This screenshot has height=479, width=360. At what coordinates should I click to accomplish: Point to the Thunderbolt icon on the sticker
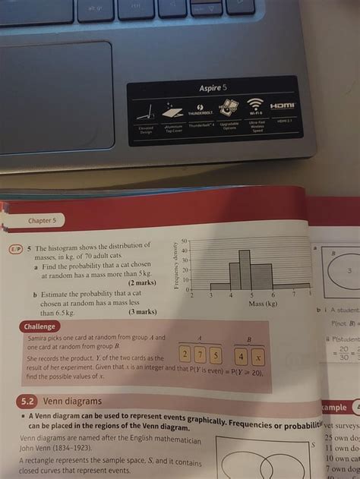(202, 106)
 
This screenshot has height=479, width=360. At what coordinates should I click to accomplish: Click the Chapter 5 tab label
(42, 221)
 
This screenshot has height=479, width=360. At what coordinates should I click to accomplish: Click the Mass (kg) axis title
(263, 304)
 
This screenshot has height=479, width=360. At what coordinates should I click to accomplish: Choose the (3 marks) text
(141, 312)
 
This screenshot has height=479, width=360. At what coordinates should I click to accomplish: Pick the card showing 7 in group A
(201, 355)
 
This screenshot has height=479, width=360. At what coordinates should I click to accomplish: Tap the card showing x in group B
(257, 355)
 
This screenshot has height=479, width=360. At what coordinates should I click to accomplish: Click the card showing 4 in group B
(241, 355)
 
